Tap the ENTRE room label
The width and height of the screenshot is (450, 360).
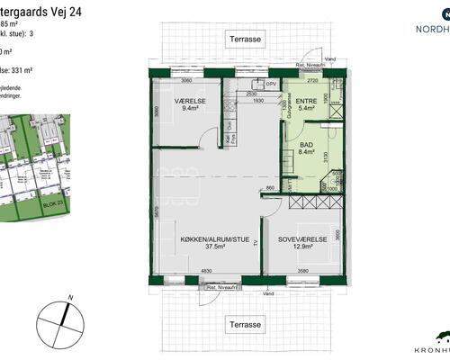click(x=307, y=102)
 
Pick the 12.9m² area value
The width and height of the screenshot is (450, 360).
click(x=301, y=248)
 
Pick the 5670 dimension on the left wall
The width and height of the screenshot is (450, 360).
click(x=157, y=212)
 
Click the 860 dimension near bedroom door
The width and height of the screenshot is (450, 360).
click(x=269, y=187)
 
